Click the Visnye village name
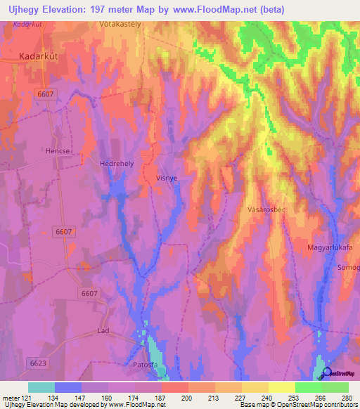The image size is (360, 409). coord(166,179)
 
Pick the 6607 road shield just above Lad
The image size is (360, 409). coord(89,292)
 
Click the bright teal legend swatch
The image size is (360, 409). coord(41,387)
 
